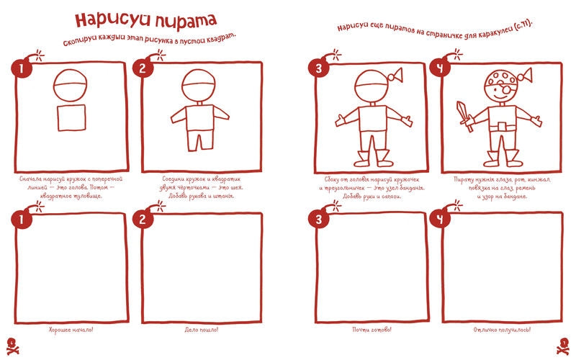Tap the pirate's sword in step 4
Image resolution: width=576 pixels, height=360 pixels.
464,115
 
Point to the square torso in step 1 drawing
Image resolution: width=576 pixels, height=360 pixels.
71,120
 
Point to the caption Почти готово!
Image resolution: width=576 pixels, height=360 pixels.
372,330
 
